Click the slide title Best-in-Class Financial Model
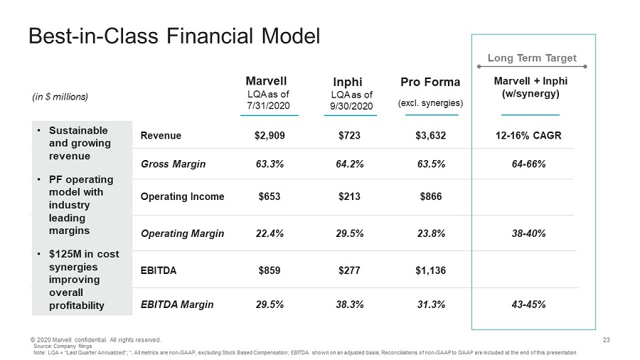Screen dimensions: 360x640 174,36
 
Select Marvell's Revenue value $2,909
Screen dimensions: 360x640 270,136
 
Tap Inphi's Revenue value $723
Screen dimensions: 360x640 351,136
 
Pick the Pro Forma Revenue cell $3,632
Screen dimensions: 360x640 431,136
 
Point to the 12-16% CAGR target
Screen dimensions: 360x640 530,136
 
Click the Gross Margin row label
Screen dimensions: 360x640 174,164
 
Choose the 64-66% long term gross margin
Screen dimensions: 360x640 530,164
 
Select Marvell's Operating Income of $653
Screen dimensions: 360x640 270,196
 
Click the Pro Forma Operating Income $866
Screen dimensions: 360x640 431,196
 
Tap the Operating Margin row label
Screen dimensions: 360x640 183,233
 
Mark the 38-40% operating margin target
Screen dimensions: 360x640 530,233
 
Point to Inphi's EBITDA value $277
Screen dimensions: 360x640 351,270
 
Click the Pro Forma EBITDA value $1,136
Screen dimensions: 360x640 431,270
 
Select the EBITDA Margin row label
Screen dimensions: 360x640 178,305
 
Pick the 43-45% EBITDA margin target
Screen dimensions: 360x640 530,305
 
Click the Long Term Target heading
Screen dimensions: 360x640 531,58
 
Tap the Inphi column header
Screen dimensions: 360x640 348,82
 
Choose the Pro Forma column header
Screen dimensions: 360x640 430,82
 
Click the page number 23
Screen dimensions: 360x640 607,339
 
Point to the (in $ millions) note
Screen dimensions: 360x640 58,95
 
